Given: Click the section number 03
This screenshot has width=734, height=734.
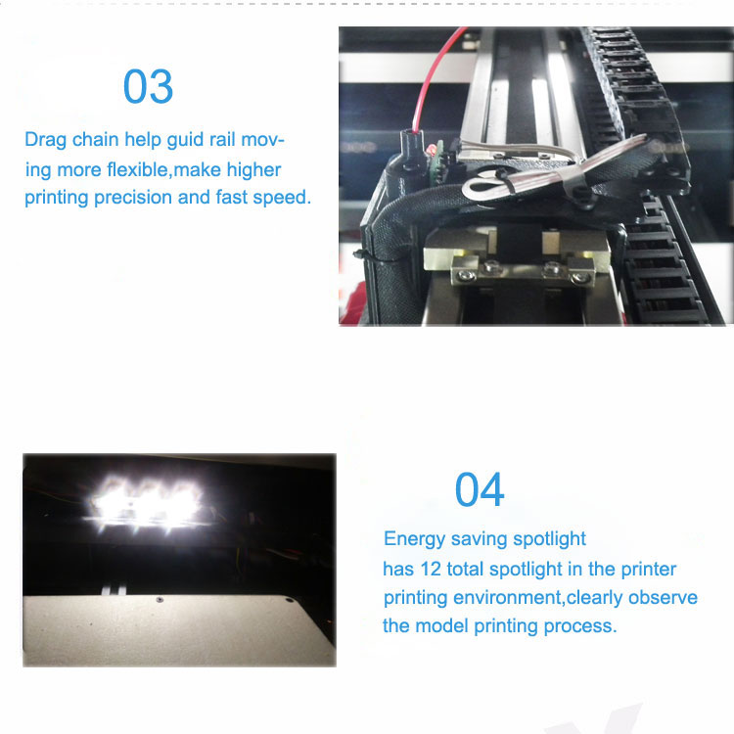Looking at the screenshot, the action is click(148, 86).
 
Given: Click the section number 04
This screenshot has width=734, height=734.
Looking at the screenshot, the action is click(480, 489).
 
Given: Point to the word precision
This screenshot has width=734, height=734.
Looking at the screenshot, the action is click(133, 198).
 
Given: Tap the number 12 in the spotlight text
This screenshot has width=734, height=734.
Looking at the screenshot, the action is click(431, 570).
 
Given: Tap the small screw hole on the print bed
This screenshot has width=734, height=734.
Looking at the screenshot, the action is click(160, 600).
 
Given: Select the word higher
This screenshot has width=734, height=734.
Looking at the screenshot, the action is click(253, 170).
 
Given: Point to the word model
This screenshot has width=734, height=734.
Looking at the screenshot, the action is click(442, 626).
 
